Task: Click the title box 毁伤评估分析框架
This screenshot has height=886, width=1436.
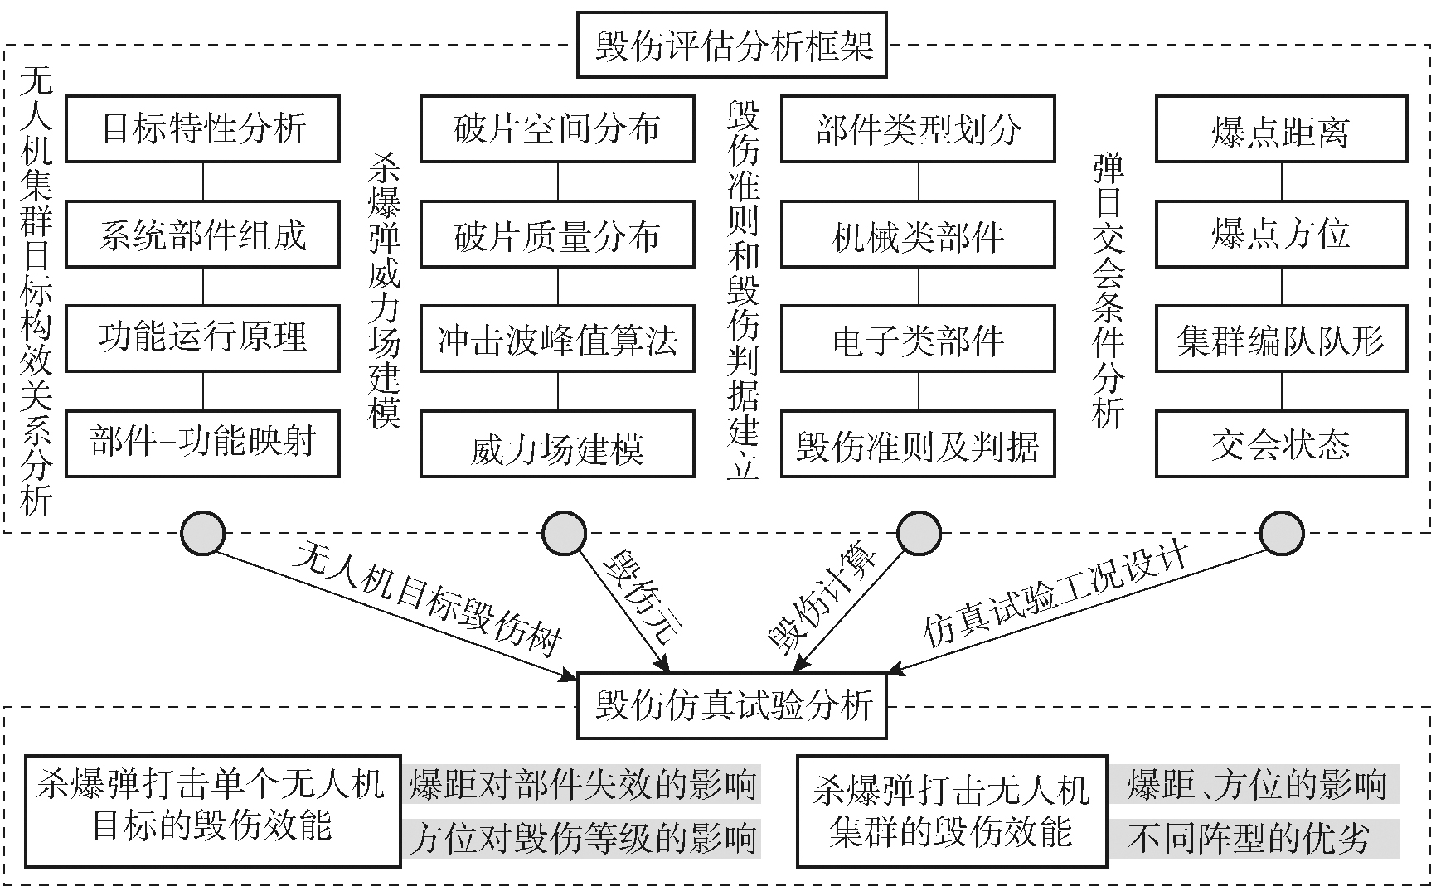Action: pos(731,45)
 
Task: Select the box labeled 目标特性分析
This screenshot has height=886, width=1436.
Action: pos(202,128)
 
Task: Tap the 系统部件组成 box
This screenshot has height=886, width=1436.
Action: pos(202,234)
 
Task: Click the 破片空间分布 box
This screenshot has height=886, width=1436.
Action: pos(556,128)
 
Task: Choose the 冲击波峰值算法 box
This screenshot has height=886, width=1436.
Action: pos(556,339)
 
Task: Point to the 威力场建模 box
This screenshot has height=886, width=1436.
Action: pos(556,447)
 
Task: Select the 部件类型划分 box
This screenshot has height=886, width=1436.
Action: pos(918,128)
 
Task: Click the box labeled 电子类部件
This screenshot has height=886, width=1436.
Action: pos(918,339)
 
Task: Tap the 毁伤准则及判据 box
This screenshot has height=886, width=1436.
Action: pos(918,447)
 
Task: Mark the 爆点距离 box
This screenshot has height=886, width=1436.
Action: pos(1281,128)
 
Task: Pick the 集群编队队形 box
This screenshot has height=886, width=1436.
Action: pos(1281,339)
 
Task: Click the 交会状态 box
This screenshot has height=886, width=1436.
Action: pos(1281,445)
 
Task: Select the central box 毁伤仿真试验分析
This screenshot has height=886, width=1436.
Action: pos(731,705)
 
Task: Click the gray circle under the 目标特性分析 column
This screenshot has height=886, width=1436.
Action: pos(202,532)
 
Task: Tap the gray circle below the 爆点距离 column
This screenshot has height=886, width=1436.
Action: pos(1281,532)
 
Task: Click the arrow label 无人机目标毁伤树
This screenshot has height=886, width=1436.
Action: pos(427,598)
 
